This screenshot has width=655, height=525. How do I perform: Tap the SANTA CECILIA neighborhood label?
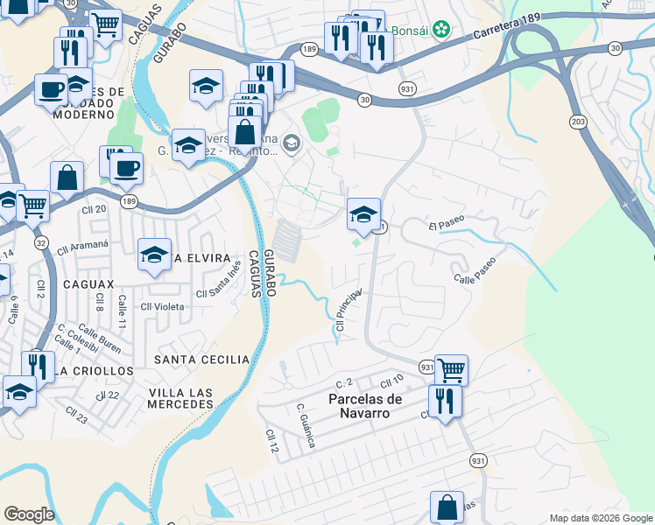tap(201, 360)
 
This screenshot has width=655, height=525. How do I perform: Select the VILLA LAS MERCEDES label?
tap(180, 398)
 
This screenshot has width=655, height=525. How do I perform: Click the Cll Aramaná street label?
tap(81, 246)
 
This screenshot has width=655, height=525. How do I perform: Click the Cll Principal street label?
tap(348, 311)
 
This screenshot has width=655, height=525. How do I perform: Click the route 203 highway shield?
tap(577, 119)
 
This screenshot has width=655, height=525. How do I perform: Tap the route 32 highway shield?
tap(41, 241)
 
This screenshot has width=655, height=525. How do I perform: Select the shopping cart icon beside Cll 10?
tap(451, 368)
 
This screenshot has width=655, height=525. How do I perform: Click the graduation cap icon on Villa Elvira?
tap(155, 255)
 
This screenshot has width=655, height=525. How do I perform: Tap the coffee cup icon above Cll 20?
tap(127, 168)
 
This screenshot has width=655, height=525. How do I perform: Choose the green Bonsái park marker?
tap(443, 30)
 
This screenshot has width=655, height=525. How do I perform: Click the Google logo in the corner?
tap(29, 514)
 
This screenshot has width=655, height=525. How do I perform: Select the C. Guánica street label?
tap(305, 427)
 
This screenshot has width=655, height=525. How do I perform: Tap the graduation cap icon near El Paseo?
tap(364, 213)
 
